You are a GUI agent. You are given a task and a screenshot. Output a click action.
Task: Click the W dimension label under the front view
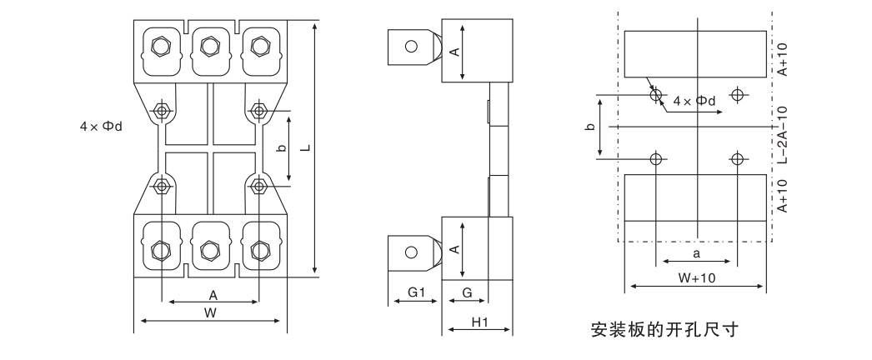tap(211, 312)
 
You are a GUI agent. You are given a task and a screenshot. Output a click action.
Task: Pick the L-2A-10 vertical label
tap(782, 137)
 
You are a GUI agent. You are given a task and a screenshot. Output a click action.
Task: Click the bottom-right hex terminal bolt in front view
tap(259, 249)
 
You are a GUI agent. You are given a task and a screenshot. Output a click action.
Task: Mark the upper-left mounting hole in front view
tap(160, 110)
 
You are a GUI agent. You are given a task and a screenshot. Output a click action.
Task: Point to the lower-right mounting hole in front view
tap(259, 184)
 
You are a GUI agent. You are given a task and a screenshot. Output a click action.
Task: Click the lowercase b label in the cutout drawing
tap(590, 127)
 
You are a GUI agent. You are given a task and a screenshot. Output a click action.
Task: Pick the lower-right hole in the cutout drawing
tap(736, 158)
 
